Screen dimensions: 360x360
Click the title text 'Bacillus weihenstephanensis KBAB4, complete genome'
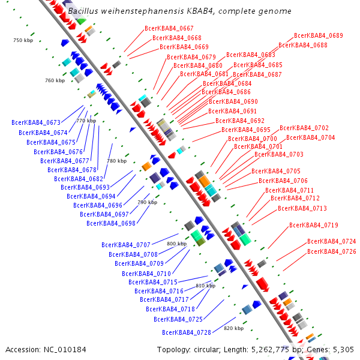[x=180, y=11]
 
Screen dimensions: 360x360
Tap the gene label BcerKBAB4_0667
[x=169, y=29]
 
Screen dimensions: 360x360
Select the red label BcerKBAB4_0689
[x=319, y=36]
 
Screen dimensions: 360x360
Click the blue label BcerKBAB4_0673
[x=36, y=122]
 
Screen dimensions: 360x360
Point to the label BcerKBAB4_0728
[x=187, y=332]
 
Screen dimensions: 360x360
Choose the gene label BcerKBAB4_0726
[x=332, y=251]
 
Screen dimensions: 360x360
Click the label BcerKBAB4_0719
[x=314, y=226]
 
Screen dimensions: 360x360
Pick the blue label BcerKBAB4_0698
[x=111, y=223]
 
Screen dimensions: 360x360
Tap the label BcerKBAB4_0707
[x=126, y=245]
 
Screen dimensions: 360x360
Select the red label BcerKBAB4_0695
[x=246, y=130]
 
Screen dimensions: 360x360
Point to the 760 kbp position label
[x=54, y=80]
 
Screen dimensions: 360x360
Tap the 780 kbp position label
[x=117, y=161]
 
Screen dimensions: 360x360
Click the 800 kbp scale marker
[x=177, y=244]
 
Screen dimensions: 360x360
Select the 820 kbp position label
[x=234, y=328]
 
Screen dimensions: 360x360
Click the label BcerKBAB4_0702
[x=304, y=128]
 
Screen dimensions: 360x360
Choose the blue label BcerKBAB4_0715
[x=153, y=282]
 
